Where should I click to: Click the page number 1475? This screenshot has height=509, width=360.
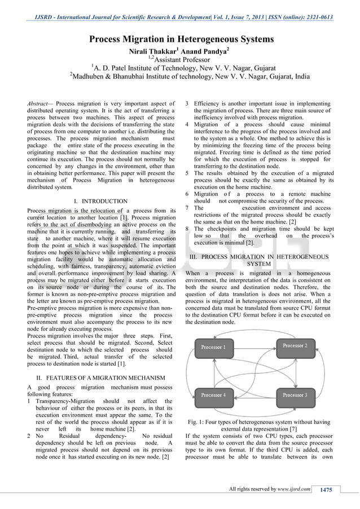click(326, 489)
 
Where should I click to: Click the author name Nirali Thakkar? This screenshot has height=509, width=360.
click(157, 51)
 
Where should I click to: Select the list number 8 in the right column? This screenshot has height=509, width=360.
click(188, 229)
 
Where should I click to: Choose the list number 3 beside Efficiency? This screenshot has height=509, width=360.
click(188, 104)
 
